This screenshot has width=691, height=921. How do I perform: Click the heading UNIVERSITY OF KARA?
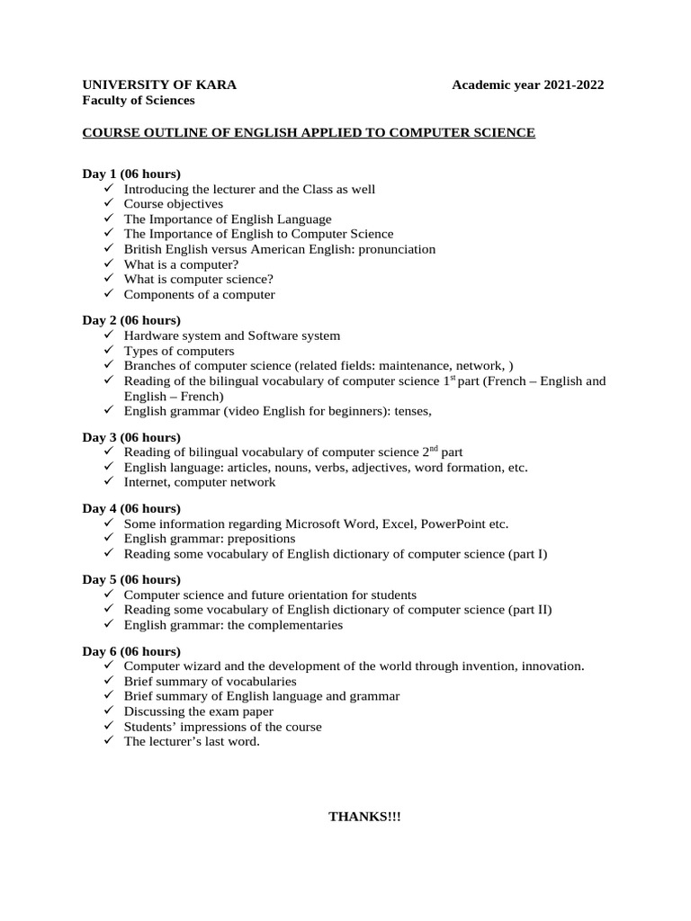click(160, 85)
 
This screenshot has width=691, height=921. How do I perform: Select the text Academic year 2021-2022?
click(527, 85)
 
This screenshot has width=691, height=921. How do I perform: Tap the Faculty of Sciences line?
click(139, 100)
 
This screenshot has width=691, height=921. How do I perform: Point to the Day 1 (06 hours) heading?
click(131, 173)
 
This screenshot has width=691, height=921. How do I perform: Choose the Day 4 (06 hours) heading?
click(131, 508)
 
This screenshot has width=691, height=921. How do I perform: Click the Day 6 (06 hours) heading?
click(131, 651)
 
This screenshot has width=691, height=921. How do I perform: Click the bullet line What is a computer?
click(181, 264)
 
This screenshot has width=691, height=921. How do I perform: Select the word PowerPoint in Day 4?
click(452, 523)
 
